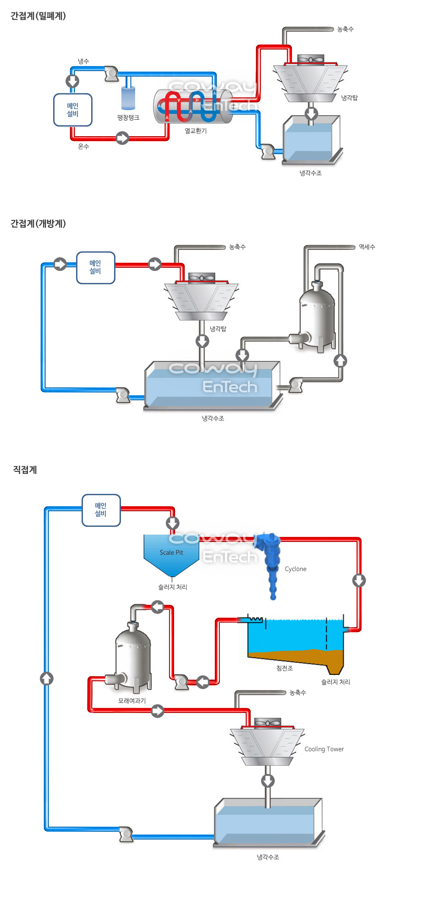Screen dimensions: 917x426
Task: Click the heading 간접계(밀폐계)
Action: point(38,16)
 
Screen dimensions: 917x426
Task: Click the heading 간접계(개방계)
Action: point(38,224)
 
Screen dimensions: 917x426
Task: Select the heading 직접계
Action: point(25,470)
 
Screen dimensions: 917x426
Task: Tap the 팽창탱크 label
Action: point(128,118)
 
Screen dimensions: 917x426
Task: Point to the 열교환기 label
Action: point(196,131)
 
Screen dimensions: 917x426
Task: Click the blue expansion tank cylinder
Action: point(128,98)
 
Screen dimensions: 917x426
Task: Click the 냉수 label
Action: point(83,61)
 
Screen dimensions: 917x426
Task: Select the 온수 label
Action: point(83,147)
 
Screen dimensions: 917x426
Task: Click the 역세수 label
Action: point(367,247)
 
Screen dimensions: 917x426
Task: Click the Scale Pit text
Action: point(171,553)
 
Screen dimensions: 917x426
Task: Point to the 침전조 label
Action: point(284,668)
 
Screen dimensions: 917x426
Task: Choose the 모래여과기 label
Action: point(132,701)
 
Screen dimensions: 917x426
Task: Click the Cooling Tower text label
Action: point(324,749)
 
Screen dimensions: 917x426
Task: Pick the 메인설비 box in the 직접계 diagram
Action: point(101,510)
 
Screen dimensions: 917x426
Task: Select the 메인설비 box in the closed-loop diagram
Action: point(73,110)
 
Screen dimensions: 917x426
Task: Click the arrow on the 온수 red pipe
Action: point(122,138)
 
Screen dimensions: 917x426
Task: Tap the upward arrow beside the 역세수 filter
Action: point(340,361)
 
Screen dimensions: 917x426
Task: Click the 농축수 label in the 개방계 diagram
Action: point(237,247)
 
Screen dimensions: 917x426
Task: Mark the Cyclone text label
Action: point(295,569)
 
